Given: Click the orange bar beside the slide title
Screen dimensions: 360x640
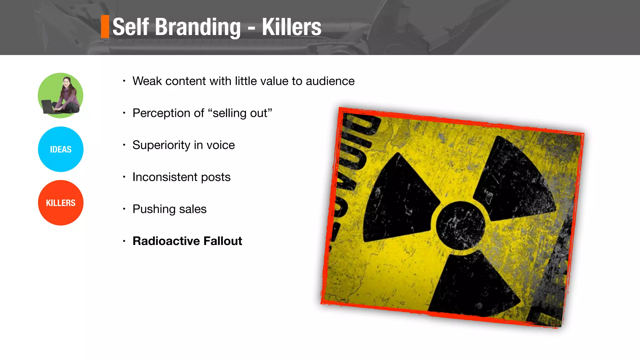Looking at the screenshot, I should [x=105, y=27].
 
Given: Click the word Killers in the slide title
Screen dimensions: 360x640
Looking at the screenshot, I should [x=291, y=27].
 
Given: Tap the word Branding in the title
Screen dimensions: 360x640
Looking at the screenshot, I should [x=198, y=27].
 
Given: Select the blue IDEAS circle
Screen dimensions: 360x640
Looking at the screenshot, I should [x=61, y=149].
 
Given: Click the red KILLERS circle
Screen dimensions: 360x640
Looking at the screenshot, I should [x=61, y=203].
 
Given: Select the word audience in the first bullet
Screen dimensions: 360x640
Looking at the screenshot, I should [x=330, y=81].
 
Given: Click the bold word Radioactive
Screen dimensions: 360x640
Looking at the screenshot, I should [x=166, y=241].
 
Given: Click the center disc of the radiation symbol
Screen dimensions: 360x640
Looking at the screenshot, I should [x=460, y=225].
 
